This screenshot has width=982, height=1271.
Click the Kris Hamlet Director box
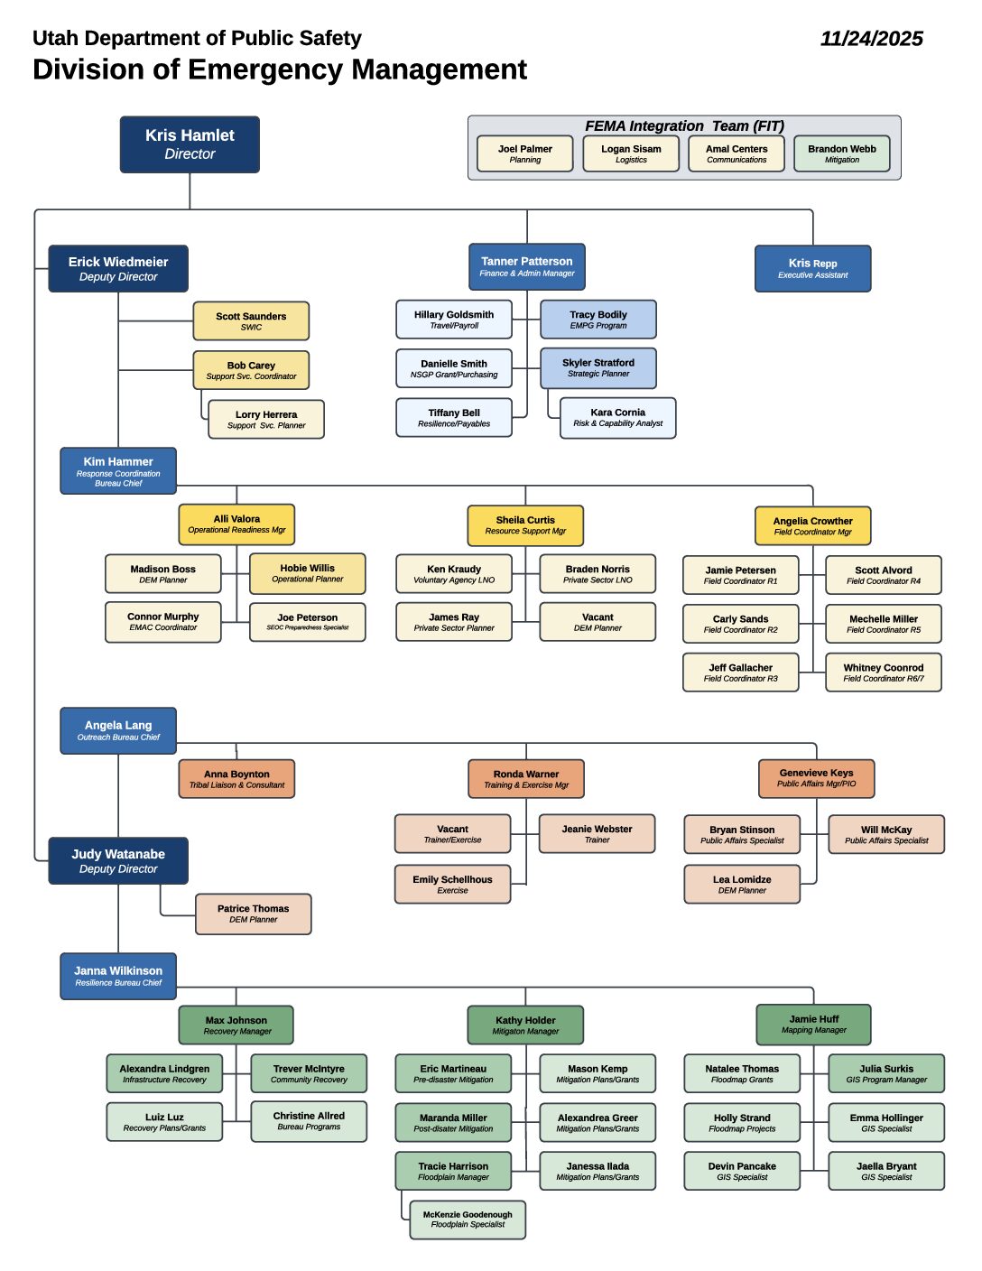[x=190, y=144]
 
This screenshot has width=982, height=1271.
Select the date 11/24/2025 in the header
[x=871, y=39]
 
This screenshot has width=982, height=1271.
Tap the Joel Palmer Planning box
[x=524, y=153]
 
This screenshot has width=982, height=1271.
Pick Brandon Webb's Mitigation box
[x=841, y=153]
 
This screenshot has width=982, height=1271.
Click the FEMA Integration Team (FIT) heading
[x=684, y=125]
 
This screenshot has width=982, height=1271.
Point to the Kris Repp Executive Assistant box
[x=812, y=269]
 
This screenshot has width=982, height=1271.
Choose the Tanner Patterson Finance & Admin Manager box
[x=526, y=266]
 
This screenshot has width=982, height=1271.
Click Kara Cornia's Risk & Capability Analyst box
[x=617, y=418]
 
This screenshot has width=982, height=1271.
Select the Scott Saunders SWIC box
[x=251, y=321]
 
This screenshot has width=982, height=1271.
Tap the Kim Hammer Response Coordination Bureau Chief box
[x=118, y=471]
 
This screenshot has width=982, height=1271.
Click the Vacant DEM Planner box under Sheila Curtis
[x=597, y=622]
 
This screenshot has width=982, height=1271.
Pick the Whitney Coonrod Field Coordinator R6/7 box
[x=883, y=673]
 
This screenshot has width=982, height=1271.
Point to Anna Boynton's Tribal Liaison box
[x=236, y=779]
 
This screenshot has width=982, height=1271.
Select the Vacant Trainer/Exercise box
[x=452, y=834]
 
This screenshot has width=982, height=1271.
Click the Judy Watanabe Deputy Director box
[x=118, y=861]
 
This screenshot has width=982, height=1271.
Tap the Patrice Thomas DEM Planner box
[x=253, y=914]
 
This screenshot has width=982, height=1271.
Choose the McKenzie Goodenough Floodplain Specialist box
[x=468, y=1220]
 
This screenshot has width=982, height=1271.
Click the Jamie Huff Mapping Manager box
[x=813, y=1024]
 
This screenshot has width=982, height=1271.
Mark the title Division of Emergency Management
[x=280, y=70]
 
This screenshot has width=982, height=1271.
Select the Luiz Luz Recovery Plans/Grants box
[x=164, y=1122]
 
